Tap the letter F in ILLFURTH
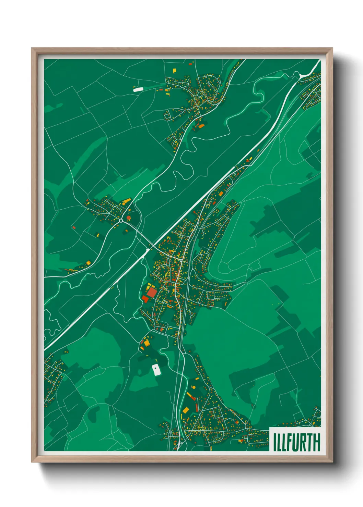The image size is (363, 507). point(289,442)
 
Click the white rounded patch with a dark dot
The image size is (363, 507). point(156,370)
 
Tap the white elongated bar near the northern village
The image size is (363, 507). point(138,89)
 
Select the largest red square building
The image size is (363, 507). point(151,293)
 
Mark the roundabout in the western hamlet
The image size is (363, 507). point(121,221)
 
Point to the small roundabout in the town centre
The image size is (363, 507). point(181,260)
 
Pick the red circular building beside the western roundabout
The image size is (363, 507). point(129,217)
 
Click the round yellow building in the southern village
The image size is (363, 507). point(194,387)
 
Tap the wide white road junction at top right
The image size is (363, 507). point(302,75)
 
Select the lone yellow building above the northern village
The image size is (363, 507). point(174,71)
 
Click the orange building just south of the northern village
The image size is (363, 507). point(201,126)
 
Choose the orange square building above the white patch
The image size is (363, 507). point(147,342)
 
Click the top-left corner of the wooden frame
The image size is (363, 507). point(32,48)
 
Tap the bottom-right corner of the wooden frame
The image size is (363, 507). point(332,462)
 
